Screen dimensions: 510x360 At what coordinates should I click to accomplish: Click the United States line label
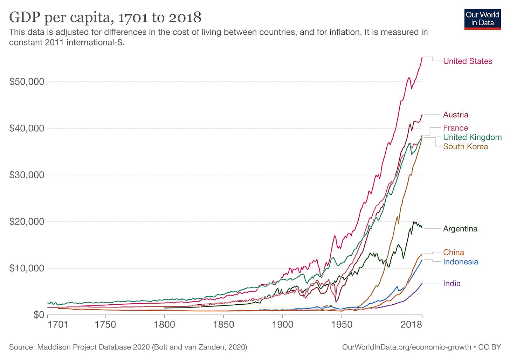tap(467, 61)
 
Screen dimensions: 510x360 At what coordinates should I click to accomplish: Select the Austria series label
tap(456, 115)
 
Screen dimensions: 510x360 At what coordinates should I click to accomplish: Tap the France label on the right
tap(455, 128)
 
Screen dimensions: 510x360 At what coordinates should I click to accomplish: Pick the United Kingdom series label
tap(472, 137)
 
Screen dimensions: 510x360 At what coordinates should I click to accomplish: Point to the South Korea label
tap(466, 146)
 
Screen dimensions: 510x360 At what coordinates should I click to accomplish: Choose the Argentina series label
tap(460, 229)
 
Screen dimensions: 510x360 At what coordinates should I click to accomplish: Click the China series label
tap(453, 252)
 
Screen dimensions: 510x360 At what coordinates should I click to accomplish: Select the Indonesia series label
tap(460, 262)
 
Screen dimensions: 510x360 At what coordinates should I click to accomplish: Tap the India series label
tap(452, 284)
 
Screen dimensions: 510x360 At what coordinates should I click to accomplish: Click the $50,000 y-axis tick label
tap(27, 82)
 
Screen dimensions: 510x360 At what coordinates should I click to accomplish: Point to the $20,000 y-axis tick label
tap(27, 221)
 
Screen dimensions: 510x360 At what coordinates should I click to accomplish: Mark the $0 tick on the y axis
tap(39, 315)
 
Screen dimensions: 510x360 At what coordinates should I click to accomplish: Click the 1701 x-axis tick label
tap(58, 325)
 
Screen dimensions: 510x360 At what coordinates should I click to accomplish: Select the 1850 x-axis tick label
tap(223, 325)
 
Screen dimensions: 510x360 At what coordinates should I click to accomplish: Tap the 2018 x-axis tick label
tap(411, 325)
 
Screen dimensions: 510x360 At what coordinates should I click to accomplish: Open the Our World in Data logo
tap(482, 19)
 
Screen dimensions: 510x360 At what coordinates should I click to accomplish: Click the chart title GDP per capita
tap(105, 17)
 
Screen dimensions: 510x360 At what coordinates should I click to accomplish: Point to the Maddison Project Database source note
tap(128, 347)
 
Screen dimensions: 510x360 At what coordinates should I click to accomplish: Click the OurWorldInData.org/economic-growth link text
tap(406, 347)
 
